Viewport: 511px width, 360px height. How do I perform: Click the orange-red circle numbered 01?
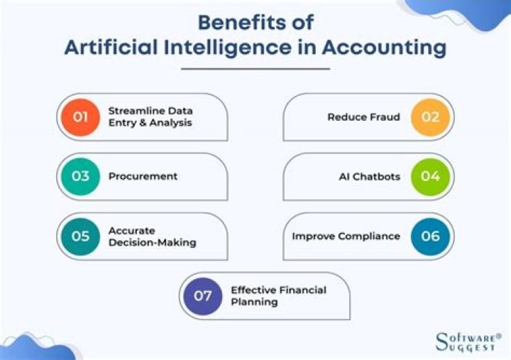80,117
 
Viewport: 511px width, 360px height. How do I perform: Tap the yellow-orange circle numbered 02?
430,117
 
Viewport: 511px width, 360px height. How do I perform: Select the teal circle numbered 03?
80,176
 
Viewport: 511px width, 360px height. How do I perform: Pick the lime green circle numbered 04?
430,176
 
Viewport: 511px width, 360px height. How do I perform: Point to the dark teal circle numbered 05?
80,236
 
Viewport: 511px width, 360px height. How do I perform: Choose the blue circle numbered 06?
430,236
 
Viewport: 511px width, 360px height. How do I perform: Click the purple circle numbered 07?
203,296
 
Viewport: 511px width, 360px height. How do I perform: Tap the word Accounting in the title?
384,48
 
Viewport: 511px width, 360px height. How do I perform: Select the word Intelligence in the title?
228,48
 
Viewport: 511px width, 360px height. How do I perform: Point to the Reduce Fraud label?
363,117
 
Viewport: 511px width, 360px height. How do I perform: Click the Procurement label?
143,176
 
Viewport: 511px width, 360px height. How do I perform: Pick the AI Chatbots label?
370,177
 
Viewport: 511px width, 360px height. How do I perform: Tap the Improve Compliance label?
346,236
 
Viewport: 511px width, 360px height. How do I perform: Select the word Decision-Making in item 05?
153,243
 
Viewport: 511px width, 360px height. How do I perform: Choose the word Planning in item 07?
255,302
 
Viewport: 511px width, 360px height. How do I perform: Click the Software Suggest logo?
468,342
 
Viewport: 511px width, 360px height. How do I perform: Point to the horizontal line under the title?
255,69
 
